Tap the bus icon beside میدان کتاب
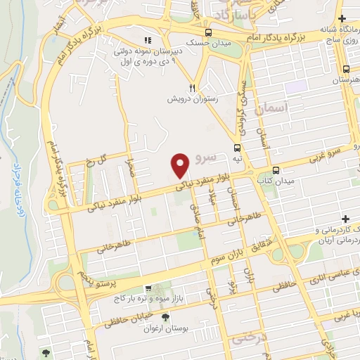[276, 170]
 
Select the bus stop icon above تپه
[238, 148]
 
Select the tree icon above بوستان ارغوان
[165, 318]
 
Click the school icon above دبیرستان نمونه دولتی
[147, 40]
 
